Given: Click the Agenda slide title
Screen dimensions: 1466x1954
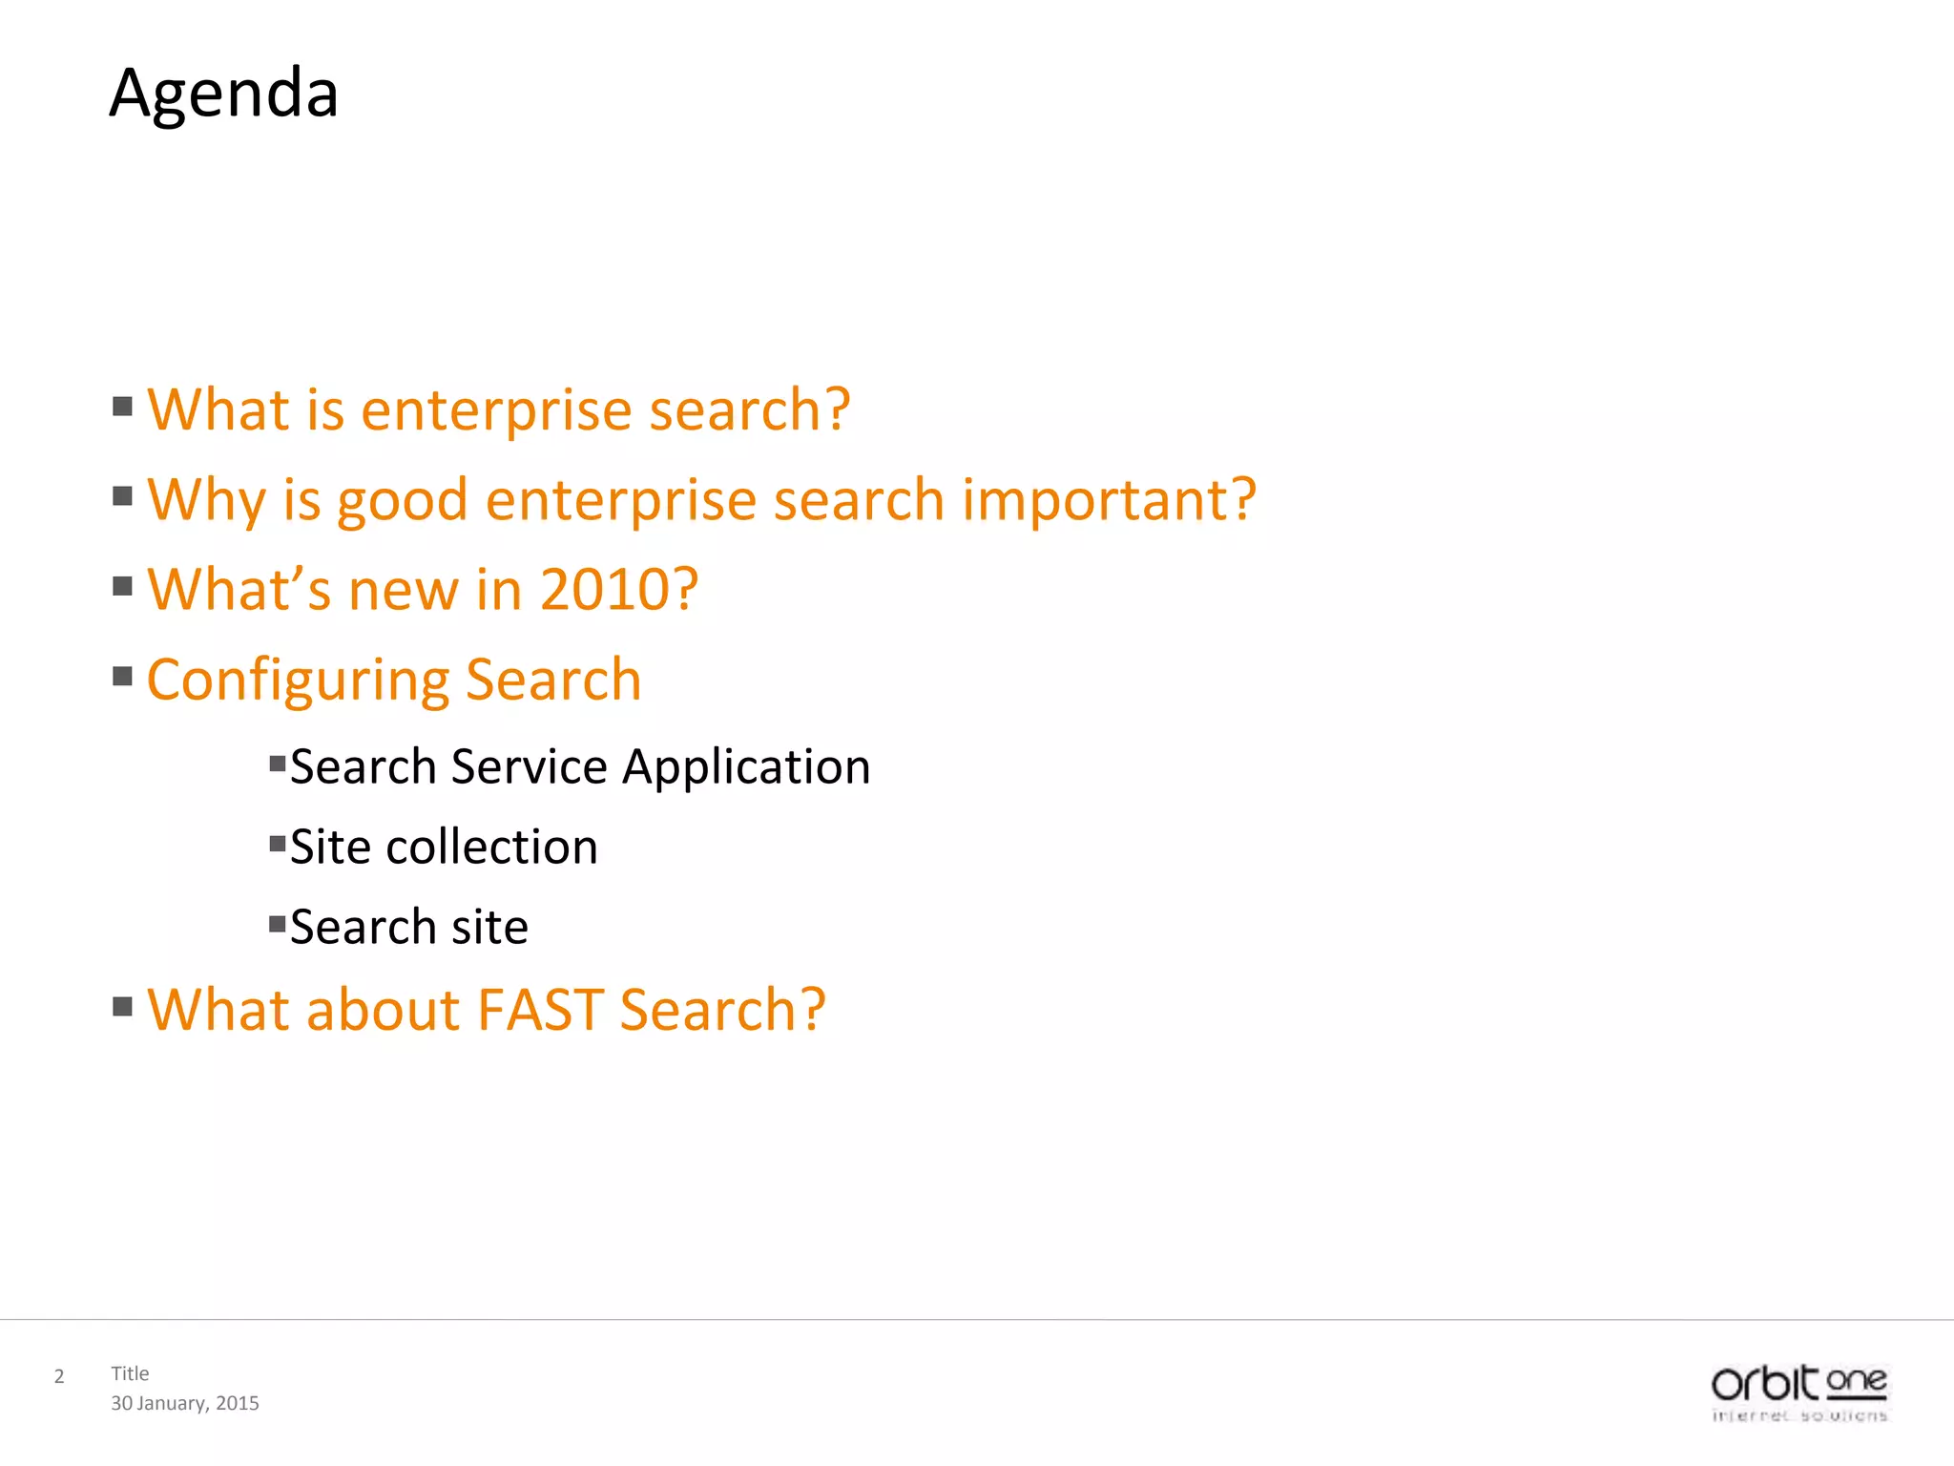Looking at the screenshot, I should [224, 94].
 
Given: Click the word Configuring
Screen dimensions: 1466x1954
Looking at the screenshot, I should [298, 681].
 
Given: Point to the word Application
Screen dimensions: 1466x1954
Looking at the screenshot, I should [746, 767].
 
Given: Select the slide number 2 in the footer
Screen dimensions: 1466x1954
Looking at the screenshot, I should [59, 1376].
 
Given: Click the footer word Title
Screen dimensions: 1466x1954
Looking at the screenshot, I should [130, 1373].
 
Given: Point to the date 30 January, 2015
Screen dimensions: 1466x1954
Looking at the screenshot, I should [185, 1403].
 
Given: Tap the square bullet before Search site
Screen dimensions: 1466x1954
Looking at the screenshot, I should [278, 924].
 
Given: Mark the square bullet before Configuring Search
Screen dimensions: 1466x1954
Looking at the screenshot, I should [122, 677].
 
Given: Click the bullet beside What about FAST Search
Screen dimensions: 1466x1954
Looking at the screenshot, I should [122, 1007].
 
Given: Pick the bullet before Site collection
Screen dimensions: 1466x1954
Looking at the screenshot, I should [278, 844].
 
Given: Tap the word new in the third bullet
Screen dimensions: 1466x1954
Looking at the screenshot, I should [404, 591].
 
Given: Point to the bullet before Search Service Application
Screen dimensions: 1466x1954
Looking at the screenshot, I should [278, 764].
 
